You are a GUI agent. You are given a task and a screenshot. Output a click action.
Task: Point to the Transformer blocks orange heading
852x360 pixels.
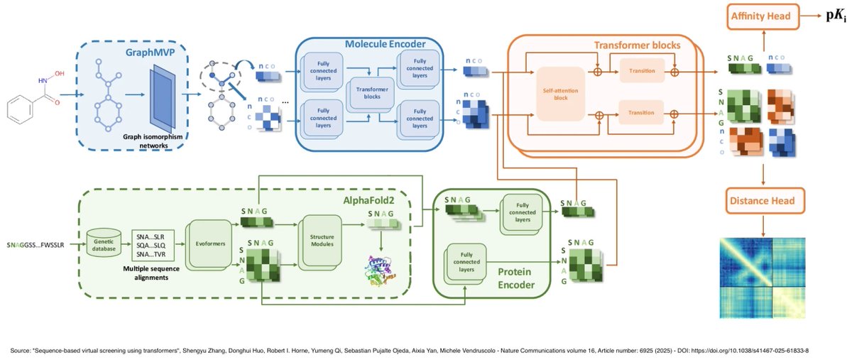click(x=636, y=45)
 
